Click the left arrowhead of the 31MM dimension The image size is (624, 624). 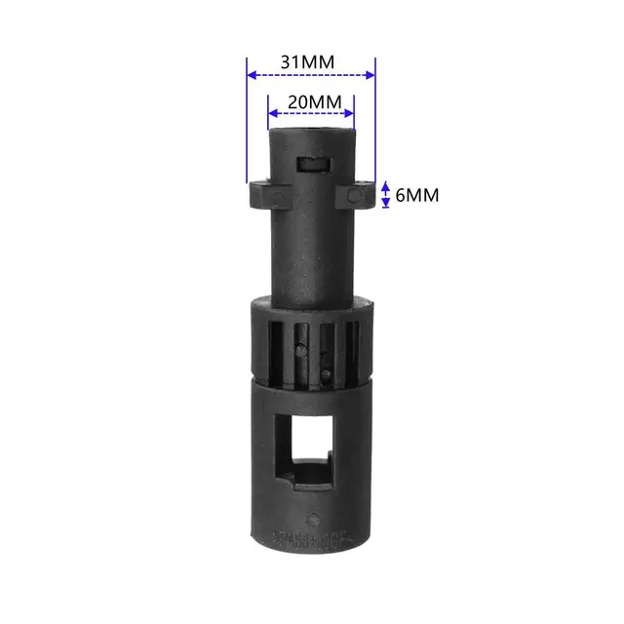(252, 74)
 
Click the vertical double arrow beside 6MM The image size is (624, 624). (386, 195)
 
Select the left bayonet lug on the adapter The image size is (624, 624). (262, 194)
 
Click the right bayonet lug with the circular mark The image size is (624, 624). (358, 195)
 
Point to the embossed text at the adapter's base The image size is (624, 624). (311, 537)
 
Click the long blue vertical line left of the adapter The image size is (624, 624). (247, 127)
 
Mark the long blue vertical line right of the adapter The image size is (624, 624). (375, 127)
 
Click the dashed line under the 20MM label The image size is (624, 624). (311, 115)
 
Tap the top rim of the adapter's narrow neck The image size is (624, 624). (311, 129)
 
